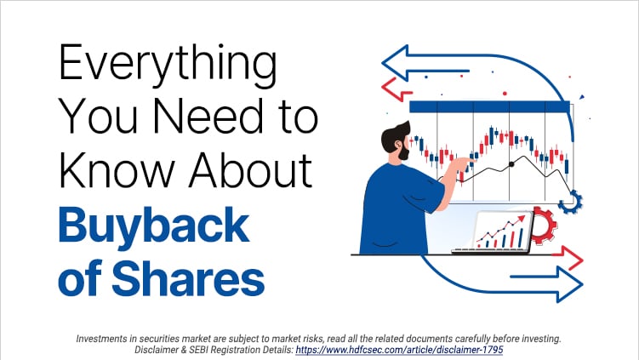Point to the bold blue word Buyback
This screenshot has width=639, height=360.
pos(153,226)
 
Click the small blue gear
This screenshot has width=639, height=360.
pos(572,202)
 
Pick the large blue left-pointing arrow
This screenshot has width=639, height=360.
pos(408,61)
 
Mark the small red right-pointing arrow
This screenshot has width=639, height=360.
pos(566,257)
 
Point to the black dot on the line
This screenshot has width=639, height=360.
pos(511,163)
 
